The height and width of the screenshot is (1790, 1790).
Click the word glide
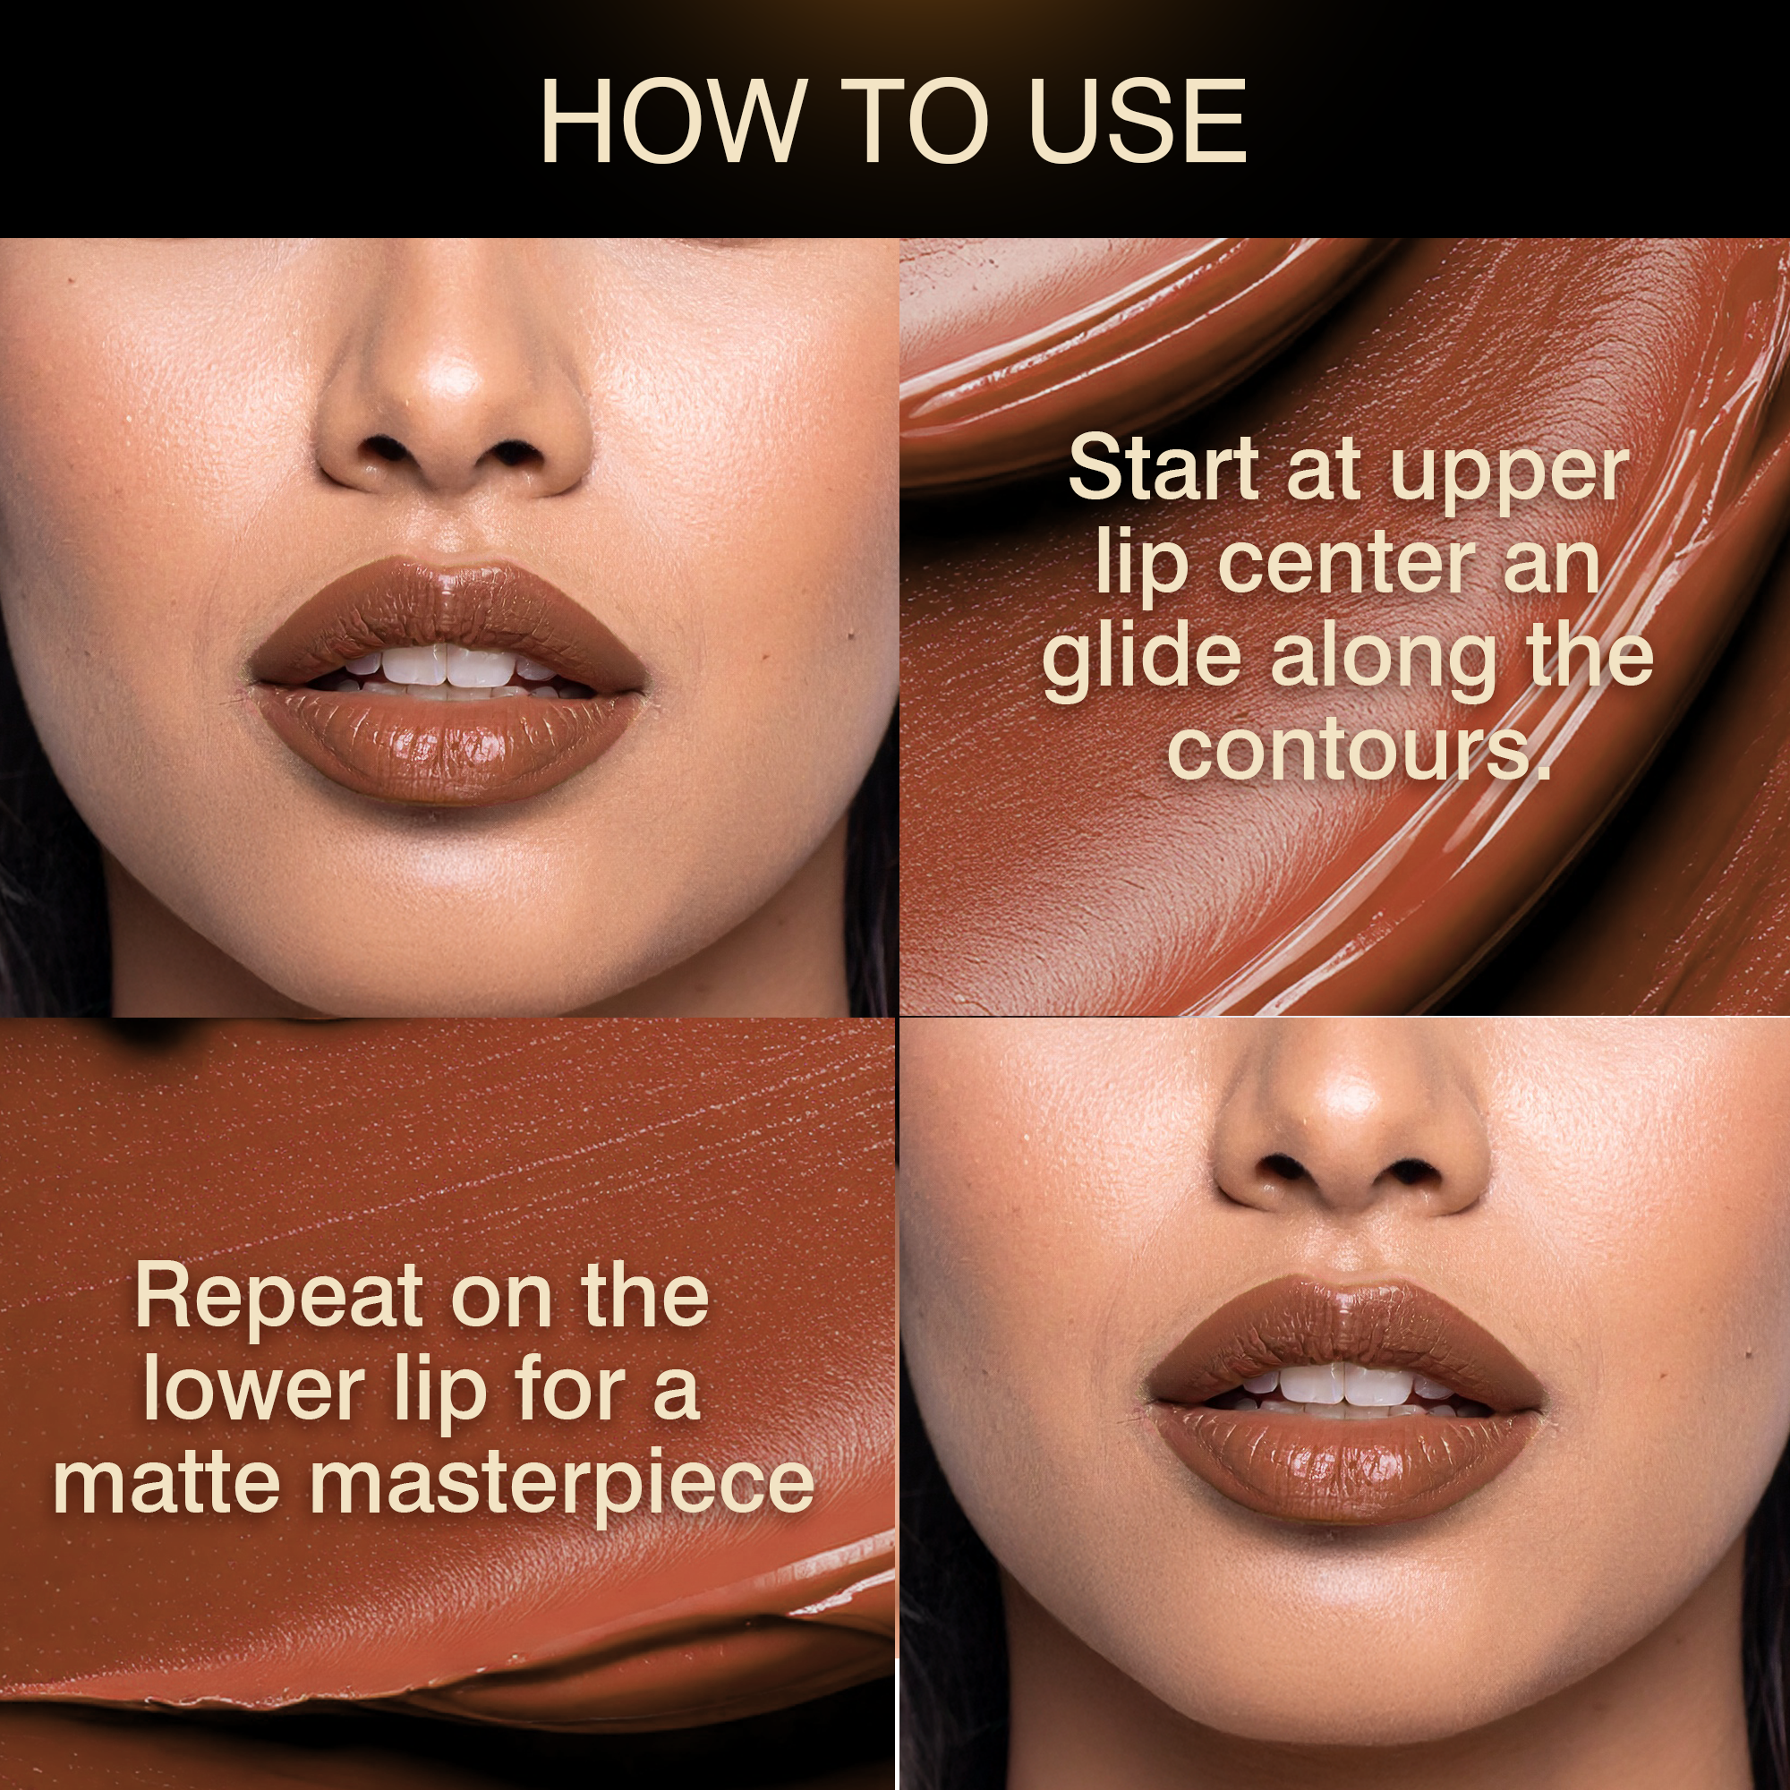(1141, 661)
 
